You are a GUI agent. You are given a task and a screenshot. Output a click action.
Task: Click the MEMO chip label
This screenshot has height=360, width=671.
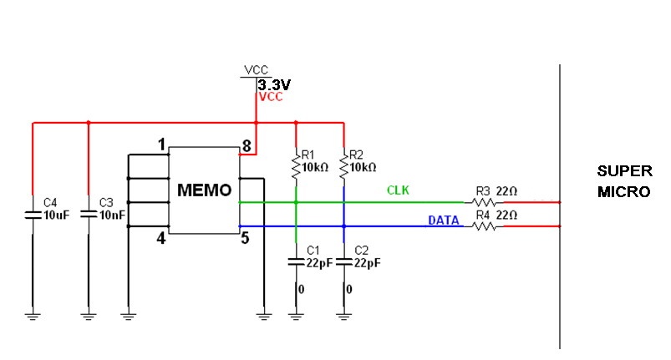click(x=204, y=190)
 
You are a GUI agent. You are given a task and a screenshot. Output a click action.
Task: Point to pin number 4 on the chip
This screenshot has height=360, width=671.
click(x=161, y=239)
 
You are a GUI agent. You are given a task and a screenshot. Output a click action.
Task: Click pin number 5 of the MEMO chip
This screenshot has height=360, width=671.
click(x=246, y=239)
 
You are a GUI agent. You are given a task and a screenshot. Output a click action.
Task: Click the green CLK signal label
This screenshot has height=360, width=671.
click(x=397, y=190)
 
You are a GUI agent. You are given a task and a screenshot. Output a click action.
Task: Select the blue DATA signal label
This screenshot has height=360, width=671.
click(x=442, y=220)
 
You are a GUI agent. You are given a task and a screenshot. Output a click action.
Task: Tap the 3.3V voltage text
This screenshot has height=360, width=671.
click(x=274, y=85)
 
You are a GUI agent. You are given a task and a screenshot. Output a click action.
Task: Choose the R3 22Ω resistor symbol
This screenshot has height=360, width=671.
click(x=480, y=201)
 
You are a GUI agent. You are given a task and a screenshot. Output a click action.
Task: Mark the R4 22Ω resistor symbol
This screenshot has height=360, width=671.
click(x=480, y=226)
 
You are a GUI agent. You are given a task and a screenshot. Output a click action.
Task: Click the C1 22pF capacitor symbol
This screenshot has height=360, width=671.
click(x=296, y=261)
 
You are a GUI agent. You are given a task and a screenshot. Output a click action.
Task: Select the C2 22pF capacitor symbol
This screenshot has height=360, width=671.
click(x=344, y=261)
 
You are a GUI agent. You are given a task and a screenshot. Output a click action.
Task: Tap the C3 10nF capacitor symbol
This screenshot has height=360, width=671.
click(x=88, y=214)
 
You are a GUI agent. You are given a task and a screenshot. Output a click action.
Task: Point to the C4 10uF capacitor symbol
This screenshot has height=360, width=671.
click(x=33, y=214)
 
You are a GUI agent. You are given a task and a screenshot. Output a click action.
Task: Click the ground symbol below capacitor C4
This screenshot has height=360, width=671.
click(x=33, y=315)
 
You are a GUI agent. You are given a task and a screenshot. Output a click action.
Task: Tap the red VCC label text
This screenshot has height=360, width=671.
click(x=271, y=97)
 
